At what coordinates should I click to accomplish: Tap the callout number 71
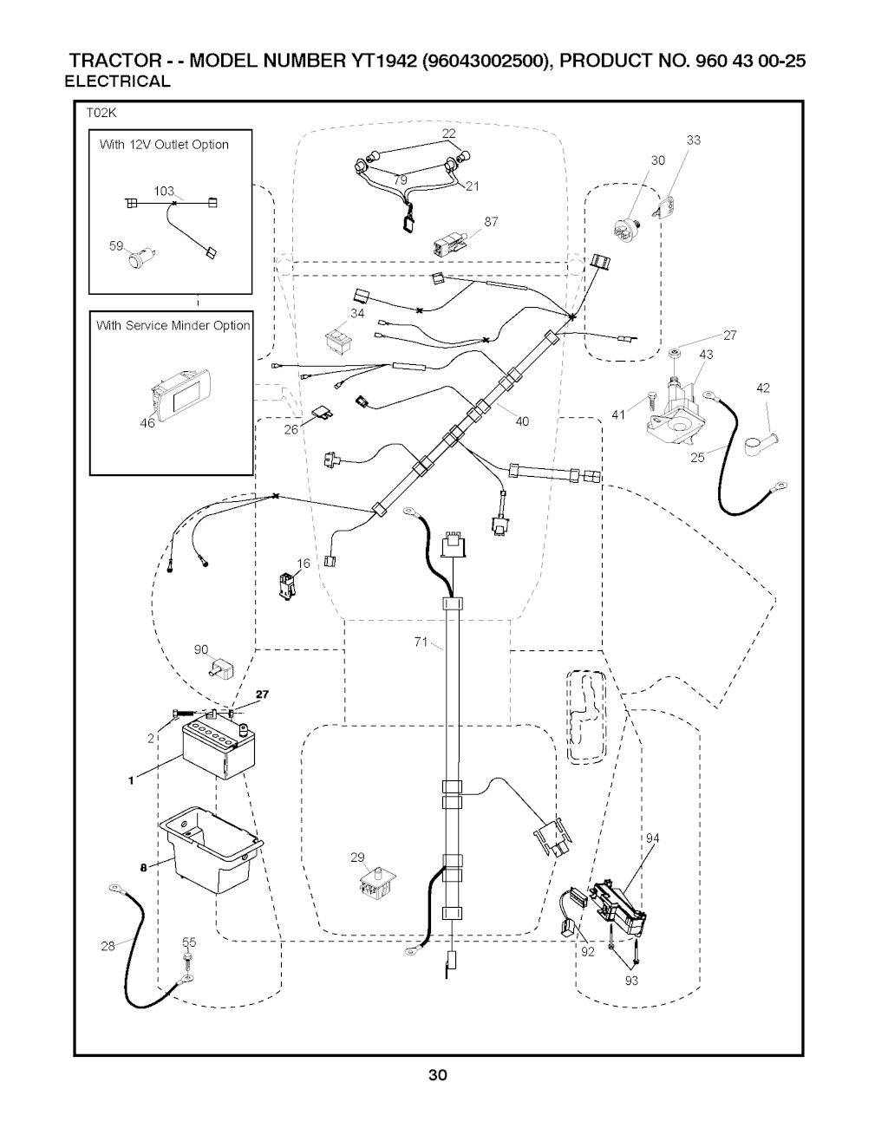tap(421, 642)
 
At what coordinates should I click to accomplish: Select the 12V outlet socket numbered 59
tap(138, 258)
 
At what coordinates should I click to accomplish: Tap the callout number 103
tap(164, 191)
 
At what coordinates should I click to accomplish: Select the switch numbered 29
tap(375, 886)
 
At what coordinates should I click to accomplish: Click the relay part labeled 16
tap(286, 585)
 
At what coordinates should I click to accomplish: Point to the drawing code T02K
tap(101, 113)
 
